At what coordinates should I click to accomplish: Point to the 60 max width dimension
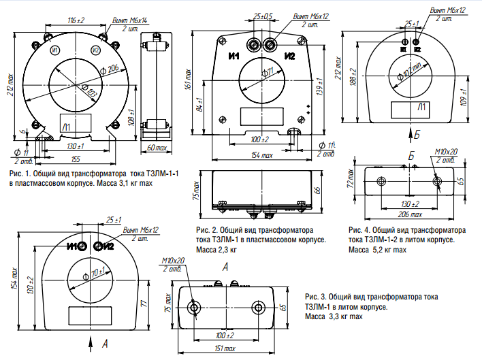157,147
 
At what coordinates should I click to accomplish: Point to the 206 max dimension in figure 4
409,214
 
